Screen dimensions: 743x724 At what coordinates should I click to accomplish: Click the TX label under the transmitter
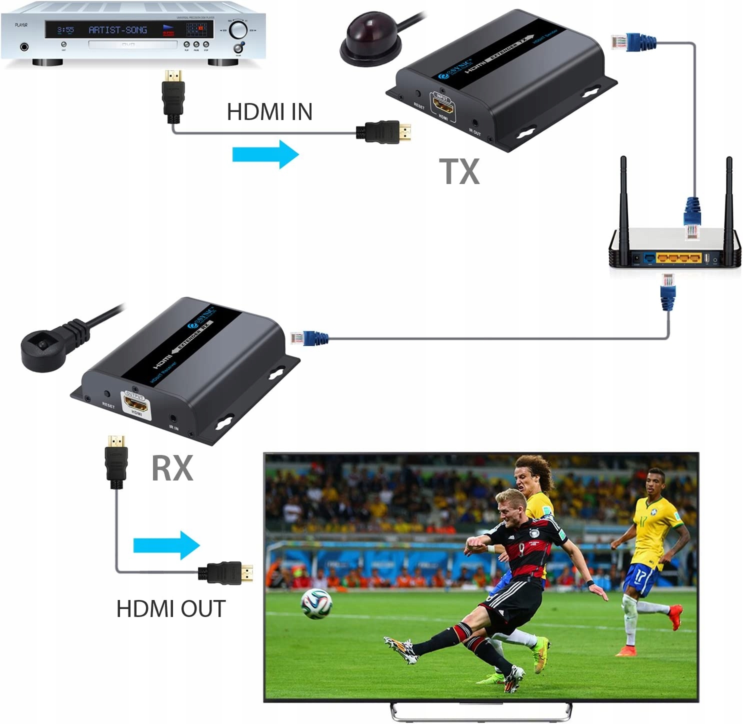click(459, 171)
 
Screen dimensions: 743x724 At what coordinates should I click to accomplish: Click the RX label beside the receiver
click(172, 468)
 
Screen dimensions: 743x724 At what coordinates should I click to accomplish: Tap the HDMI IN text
click(269, 112)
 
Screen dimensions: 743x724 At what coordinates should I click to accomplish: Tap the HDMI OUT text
click(171, 609)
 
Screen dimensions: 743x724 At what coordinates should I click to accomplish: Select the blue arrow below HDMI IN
click(265, 154)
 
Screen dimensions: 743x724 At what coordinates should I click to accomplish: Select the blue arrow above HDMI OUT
click(166, 545)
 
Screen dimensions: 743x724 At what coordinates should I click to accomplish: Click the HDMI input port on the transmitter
click(443, 106)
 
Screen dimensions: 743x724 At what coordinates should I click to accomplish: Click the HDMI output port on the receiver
click(135, 403)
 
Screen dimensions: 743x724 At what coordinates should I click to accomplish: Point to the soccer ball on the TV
click(316, 603)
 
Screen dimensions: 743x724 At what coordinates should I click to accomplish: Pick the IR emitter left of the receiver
click(42, 349)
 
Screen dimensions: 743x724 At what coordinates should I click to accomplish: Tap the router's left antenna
click(623, 210)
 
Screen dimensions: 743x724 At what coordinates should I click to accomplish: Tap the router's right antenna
click(729, 210)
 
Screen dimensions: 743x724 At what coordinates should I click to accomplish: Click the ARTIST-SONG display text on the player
click(118, 30)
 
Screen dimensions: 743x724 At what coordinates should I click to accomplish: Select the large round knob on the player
click(238, 30)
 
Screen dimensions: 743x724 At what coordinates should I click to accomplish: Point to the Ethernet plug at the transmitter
click(631, 42)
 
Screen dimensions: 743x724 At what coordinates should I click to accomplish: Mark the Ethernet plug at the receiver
click(307, 338)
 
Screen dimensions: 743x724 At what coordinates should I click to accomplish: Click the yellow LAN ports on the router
click(678, 258)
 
